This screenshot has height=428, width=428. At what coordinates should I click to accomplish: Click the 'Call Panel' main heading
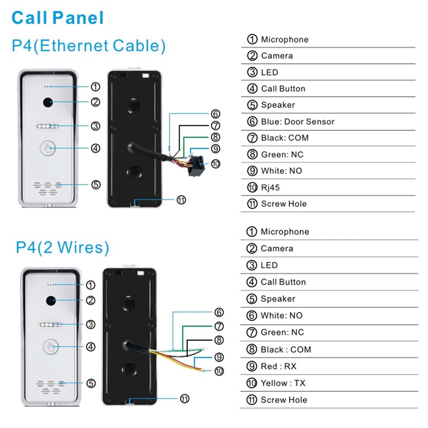[x=57, y=18]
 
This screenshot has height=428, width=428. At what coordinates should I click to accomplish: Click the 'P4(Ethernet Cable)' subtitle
[x=88, y=46]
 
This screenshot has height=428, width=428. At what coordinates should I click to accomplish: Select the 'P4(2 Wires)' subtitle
[x=62, y=247]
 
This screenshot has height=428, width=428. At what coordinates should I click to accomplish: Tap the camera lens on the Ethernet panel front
[x=48, y=102]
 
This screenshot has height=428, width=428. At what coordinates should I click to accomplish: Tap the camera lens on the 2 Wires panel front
[x=51, y=300]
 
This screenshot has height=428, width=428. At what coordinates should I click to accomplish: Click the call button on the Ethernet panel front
[x=48, y=148]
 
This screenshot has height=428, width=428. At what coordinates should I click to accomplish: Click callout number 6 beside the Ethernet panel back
[x=215, y=114]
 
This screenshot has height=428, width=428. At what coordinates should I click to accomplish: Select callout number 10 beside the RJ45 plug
[x=215, y=164]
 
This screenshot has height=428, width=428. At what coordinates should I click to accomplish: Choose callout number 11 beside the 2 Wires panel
[x=185, y=399]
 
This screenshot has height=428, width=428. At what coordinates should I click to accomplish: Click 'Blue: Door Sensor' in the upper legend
[x=297, y=122]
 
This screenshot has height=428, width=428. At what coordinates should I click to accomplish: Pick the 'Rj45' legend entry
[x=270, y=187]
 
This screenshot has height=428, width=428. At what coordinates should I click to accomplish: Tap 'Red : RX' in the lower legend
[x=278, y=366]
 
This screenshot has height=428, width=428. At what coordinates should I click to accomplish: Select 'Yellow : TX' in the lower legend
[x=283, y=383]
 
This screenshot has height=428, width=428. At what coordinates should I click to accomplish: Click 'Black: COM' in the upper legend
[x=284, y=138]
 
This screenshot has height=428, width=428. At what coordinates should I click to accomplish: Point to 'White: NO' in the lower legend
[x=281, y=315]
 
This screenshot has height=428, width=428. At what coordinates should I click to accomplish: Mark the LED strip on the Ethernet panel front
[x=48, y=126]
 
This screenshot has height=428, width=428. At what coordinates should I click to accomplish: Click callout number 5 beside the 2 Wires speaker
[x=91, y=383]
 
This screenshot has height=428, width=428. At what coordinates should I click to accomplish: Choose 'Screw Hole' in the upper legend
[x=284, y=204]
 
